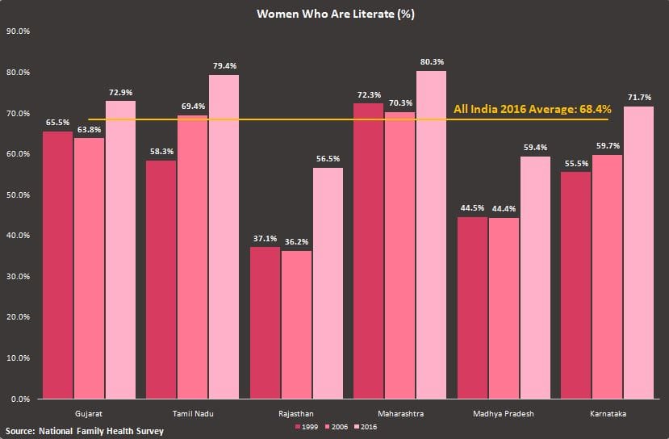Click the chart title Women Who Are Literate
click(x=335, y=14)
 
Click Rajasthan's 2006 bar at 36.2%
click(x=296, y=324)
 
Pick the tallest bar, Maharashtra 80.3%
click(x=432, y=234)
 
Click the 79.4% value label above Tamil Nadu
click(x=224, y=65)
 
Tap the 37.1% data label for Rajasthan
click(x=265, y=238)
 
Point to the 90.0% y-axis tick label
click(x=19, y=31)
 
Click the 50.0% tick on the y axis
click(x=19, y=194)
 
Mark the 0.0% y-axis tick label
click(x=21, y=399)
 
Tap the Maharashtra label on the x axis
click(x=400, y=412)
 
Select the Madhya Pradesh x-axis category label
click(x=504, y=412)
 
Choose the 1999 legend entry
click(x=305, y=426)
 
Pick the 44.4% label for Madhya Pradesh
click(x=504, y=209)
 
